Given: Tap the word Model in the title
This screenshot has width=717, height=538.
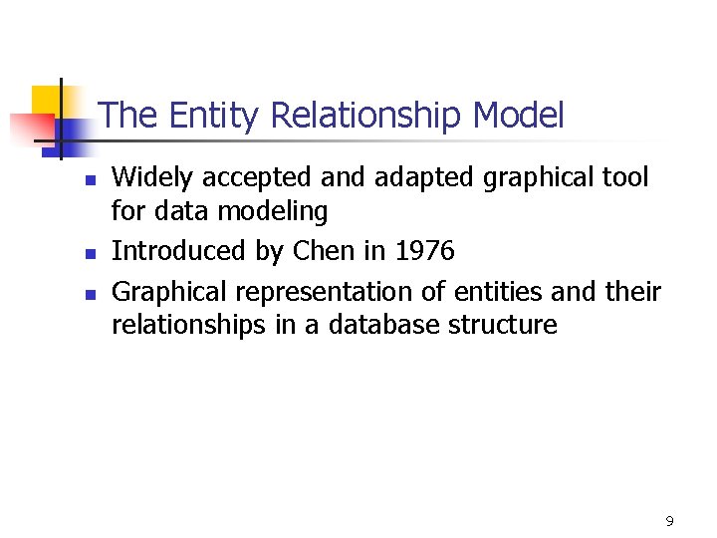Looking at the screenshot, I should pyautogui.click(x=518, y=116).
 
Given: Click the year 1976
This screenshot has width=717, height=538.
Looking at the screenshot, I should pyautogui.click(x=425, y=251).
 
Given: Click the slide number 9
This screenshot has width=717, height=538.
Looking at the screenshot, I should pyautogui.click(x=669, y=520).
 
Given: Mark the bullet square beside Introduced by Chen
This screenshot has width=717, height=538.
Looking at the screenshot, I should pyautogui.click(x=89, y=254).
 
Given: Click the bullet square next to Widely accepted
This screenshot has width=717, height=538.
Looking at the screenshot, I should pyautogui.click(x=89, y=181).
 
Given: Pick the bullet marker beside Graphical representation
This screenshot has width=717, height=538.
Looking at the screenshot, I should pyautogui.click(x=89, y=295).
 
